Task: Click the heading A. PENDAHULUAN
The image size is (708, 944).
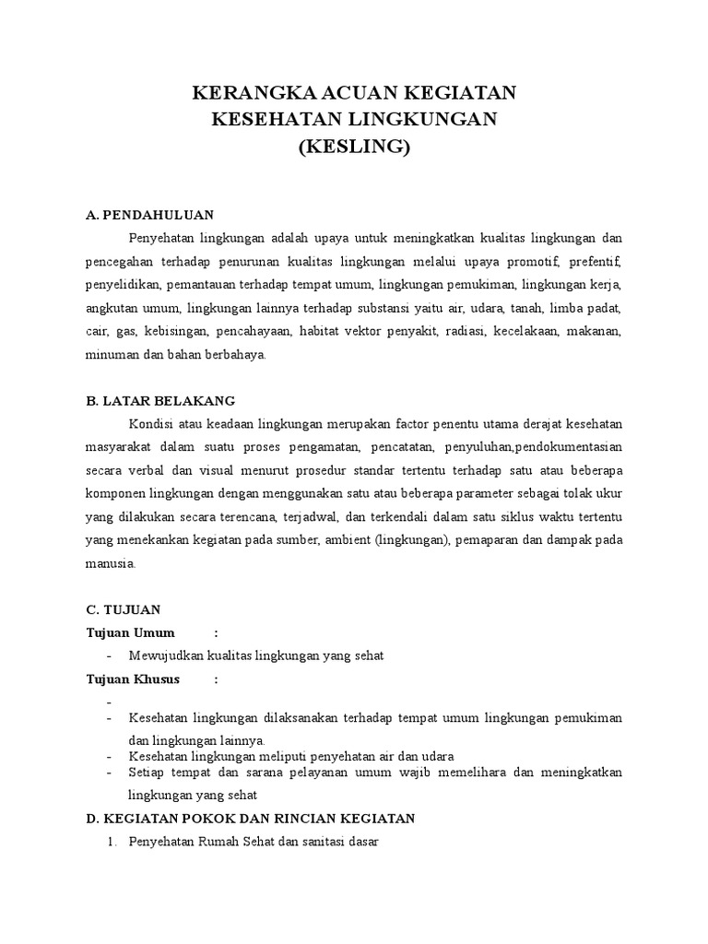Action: click(149, 215)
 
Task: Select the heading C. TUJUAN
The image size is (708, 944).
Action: click(123, 608)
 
